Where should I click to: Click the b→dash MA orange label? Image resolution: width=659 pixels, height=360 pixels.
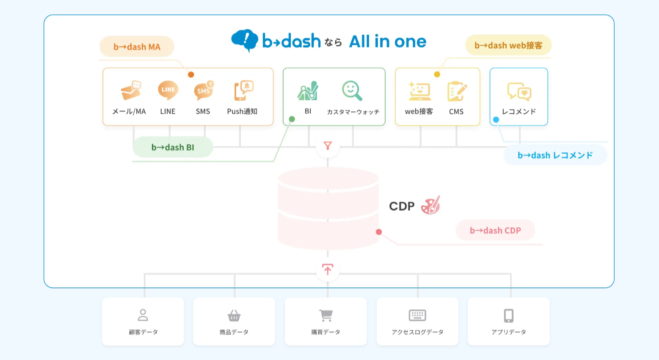[x=137, y=47]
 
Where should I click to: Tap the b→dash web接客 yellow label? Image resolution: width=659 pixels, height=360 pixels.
[x=508, y=45]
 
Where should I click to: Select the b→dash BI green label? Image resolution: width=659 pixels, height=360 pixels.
[x=173, y=147]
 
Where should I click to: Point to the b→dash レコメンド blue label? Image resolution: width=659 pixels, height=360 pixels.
[x=555, y=155]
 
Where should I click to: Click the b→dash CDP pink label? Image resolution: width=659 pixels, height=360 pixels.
[x=495, y=230]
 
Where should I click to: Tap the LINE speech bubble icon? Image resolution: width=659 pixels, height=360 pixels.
[x=168, y=90]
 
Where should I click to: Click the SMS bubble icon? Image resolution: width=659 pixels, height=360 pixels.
[x=204, y=91]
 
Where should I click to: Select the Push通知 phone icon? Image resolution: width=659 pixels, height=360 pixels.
[x=243, y=91]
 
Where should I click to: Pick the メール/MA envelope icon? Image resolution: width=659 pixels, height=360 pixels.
[x=131, y=91]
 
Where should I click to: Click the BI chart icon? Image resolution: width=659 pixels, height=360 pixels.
[x=308, y=91]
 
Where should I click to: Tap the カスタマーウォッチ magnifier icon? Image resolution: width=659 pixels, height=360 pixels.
[x=352, y=91]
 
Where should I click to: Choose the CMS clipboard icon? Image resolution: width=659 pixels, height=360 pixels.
[x=457, y=91]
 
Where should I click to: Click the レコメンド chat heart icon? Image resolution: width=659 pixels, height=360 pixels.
[x=519, y=91]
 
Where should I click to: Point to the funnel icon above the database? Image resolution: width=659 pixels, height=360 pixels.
[x=328, y=146]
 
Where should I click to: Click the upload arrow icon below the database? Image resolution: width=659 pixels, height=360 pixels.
[x=328, y=269]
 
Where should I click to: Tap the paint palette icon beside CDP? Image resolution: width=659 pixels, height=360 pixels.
[x=430, y=205]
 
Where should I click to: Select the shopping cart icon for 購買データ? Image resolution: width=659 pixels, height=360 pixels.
[x=325, y=316]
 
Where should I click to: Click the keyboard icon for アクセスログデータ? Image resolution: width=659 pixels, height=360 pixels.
[x=417, y=315]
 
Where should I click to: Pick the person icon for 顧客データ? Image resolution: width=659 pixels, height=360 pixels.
[x=143, y=315]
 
